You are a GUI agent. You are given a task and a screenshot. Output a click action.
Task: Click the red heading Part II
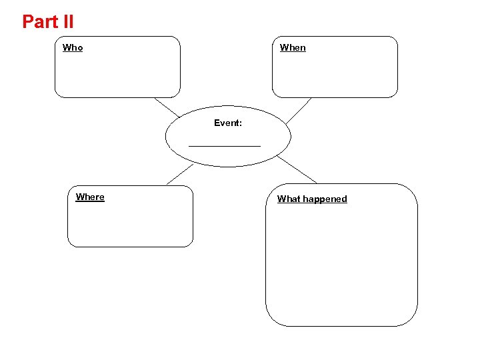48,21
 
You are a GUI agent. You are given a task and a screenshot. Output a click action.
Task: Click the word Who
73,47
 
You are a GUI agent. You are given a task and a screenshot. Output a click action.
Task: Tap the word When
293,47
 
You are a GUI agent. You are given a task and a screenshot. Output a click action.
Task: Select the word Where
90,197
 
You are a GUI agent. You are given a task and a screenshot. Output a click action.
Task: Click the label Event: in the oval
227,123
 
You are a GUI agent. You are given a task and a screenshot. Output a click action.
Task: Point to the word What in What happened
288,199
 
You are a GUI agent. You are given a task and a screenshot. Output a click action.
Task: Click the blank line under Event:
225,145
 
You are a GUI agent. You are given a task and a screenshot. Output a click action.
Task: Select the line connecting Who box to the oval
167,108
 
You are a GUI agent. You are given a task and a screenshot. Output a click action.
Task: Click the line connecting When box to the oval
299,111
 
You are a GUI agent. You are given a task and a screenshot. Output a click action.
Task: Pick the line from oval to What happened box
297,170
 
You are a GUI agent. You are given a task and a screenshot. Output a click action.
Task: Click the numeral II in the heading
67,21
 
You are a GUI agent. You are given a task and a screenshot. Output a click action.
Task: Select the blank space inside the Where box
130,223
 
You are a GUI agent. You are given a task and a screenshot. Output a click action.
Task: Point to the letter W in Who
67,47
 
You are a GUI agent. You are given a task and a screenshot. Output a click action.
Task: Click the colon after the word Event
240,123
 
